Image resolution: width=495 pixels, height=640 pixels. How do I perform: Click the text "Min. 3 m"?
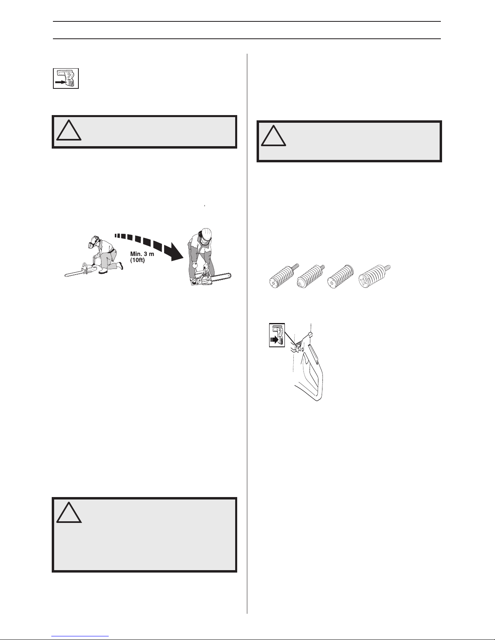tap(142, 254)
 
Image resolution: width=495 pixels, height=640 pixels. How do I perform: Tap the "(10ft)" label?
tap(138, 260)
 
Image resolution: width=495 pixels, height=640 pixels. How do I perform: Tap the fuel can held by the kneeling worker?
tap(97, 260)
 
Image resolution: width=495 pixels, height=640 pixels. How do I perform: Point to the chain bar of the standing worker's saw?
tap(221, 277)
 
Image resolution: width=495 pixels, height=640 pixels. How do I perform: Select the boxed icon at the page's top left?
tap(66, 78)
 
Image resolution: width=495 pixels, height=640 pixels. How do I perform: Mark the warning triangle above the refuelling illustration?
tap(69, 130)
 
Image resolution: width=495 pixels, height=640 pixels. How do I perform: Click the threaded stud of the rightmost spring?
tap(387, 268)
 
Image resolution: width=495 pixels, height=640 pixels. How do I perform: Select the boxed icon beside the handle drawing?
tap(277, 335)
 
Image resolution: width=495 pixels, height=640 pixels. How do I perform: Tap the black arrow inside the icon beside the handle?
tap(274, 340)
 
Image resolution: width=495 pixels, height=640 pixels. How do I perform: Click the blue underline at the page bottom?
tap(80, 636)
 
